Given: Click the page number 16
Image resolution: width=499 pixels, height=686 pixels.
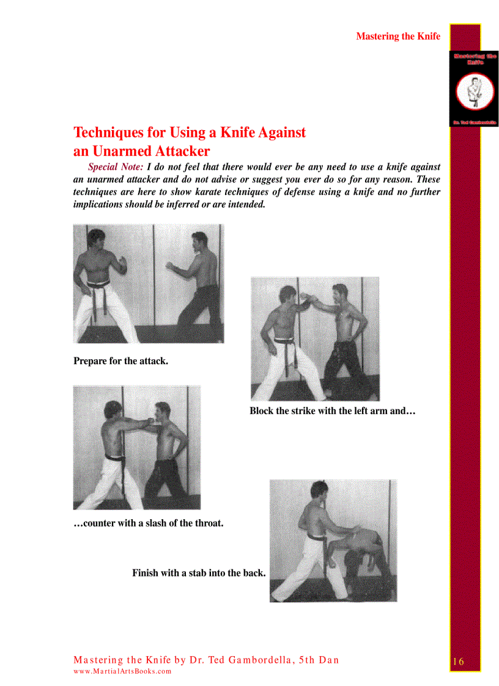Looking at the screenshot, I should coord(459,662).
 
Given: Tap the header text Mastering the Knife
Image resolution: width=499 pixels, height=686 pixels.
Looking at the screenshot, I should coord(397,36).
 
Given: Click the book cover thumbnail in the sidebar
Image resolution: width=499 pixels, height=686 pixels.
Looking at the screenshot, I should coord(475,89).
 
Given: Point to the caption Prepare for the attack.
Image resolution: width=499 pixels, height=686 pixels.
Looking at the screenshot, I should coord(120,361).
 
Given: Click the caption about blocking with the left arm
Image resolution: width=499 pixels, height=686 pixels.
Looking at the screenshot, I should coord(332,411).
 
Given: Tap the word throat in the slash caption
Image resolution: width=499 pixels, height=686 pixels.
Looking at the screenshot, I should coord(208,523).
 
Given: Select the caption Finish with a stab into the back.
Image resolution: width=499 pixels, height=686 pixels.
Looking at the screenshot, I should coord(199,573).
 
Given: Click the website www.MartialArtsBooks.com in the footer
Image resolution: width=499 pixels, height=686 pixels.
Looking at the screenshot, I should coord(122,671).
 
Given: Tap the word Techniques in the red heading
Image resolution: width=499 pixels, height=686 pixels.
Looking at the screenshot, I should coord(111,133).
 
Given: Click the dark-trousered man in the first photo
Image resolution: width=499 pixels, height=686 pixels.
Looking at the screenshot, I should coord(199,287).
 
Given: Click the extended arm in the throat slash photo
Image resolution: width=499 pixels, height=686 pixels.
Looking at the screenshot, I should coord(138,423).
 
